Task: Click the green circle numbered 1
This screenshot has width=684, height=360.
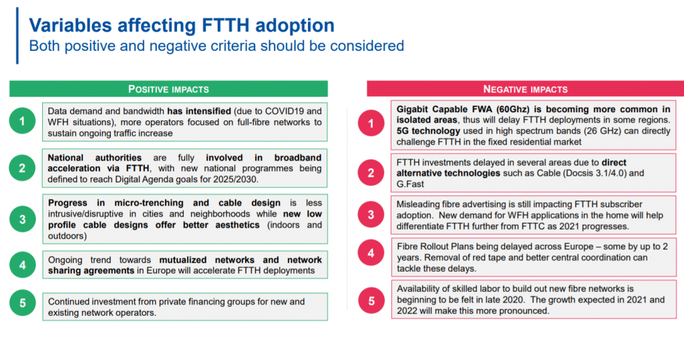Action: (x=22, y=121)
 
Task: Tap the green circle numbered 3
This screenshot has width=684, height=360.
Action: (x=22, y=219)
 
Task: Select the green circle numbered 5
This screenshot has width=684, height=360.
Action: (x=22, y=303)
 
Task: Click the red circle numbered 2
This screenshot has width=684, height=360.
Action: (x=371, y=172)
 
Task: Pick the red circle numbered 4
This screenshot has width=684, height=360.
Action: (x=371, y=252)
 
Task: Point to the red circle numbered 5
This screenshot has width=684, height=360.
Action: (x=371, y=301)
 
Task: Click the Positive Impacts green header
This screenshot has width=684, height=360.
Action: (x=168, y=89)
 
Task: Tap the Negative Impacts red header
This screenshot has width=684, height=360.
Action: (x=525, y=89)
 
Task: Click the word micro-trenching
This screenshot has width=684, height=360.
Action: (x=149, y=203)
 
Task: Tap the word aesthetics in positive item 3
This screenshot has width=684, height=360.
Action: (x=237, y=224)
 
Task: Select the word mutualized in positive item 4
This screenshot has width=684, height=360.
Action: (x=183, y=260)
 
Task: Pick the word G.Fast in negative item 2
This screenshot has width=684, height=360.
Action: (x=410, y=184)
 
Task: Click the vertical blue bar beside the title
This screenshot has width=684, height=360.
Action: (x=17, y=36)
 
